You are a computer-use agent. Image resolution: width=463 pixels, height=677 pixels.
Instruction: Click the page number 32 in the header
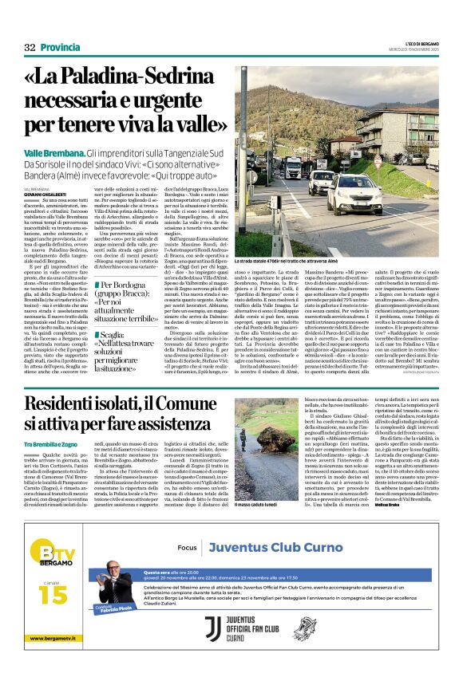[x=30, y=47]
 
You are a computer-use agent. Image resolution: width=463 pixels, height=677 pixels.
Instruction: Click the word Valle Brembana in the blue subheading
[x=53, y=152]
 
